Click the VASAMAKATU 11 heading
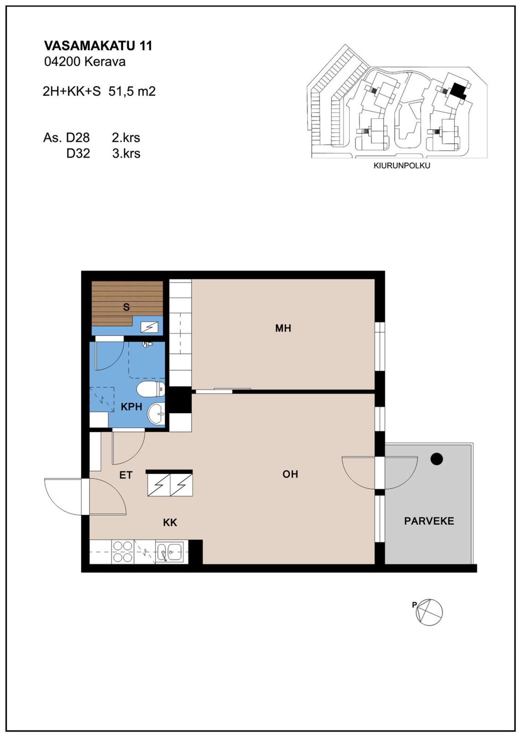tap(98, 46)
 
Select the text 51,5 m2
tap(132, 91)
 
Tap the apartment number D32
tap(78, 153)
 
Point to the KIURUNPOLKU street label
tap(402, 166)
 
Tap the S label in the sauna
tap(126, 307)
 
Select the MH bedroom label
tap(283, 328)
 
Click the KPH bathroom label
tap(131, 407)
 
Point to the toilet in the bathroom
tap(151, 389)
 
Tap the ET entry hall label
tap(126, 475)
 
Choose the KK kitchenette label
tap(170, 522)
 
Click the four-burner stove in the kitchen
tap(123, 552)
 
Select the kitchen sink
tap(170, 552)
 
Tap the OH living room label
tap(290, 474)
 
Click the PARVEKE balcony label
tap(429, 521)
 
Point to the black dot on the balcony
tap(437, 459)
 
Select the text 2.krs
tap(126, 138)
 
